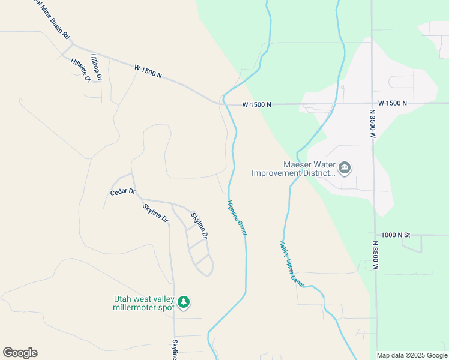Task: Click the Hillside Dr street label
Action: click(80, 70)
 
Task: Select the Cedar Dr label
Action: click(123, 193)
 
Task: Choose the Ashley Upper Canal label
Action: click(292, 263)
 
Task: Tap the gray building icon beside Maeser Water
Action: click(345, 168)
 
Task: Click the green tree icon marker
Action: click(185, 303)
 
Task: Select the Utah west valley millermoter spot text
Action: click(144, 303)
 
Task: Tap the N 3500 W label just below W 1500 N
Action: click(372, 124)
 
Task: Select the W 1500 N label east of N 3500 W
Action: click(393, 104)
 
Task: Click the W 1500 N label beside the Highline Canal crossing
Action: click(257, 104)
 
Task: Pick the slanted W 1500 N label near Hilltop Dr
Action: click(148, 72)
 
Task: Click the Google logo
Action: click(20, 353)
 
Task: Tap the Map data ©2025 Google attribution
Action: click(412, 355)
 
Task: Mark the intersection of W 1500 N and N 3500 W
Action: click(372, 104)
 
